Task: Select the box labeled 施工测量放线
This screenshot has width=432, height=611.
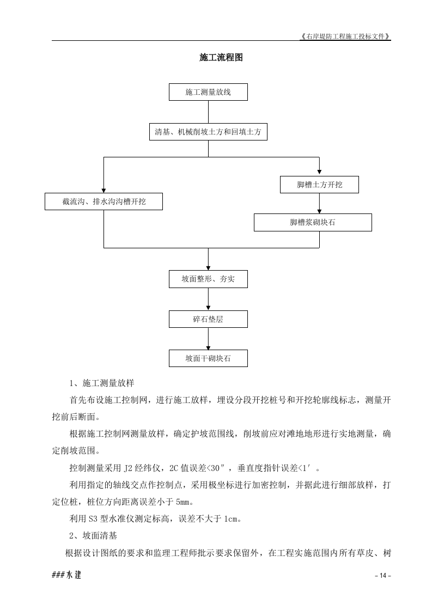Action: click(x=208, y=92)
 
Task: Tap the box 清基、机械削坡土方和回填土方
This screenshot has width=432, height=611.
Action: click(x=208, y=132)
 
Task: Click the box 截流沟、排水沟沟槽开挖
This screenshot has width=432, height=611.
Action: click(x=104, y=201)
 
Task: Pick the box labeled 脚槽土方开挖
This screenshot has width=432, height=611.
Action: click(x=319, y=185)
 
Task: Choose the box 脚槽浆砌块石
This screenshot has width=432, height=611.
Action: click(x=313, y=222)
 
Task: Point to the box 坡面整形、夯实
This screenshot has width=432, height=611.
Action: click(x=208, y=279)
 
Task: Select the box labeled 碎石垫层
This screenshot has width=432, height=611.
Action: click(x=208, y=319)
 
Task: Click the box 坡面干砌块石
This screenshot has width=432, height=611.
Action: click(x=208, y=358)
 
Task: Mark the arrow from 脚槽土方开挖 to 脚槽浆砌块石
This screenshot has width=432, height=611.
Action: click(x=320, y=204)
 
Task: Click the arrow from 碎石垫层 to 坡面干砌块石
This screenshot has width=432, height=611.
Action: click(x=209, y=339)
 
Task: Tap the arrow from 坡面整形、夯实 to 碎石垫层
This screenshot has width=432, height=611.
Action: click(x=209, y=300)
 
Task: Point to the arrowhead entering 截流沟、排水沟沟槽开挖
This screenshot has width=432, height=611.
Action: click(x=104, y=190)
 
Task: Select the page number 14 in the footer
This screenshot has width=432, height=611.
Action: click(x=383, y=576)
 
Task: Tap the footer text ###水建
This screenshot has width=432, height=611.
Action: click(x=66, y=576)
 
